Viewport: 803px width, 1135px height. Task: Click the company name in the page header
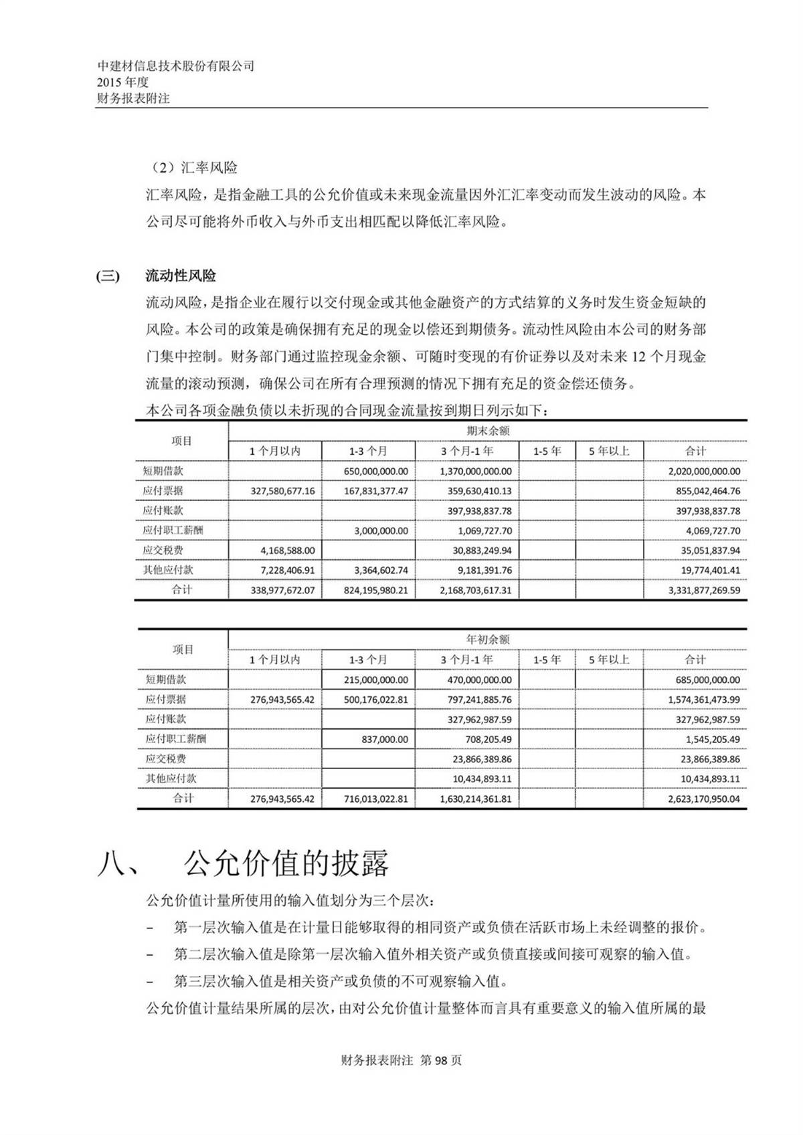[175, 66]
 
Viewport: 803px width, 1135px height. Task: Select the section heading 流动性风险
[181, 276]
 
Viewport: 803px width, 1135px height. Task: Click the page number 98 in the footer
[444, 1060]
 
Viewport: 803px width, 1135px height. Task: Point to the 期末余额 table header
[487, 431]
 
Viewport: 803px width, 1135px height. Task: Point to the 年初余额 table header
[487, 639]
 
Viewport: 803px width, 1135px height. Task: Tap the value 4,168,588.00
[288, 550]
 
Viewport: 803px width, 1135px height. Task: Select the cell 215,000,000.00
[375, 680]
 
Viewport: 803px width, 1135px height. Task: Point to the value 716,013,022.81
[375, 799]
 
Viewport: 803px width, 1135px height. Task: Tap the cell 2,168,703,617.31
[476, 591]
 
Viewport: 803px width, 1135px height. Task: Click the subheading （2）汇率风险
[191, 167]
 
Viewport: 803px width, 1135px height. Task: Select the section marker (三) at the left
[108, 276]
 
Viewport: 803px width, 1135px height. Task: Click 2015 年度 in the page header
[122, 82]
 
